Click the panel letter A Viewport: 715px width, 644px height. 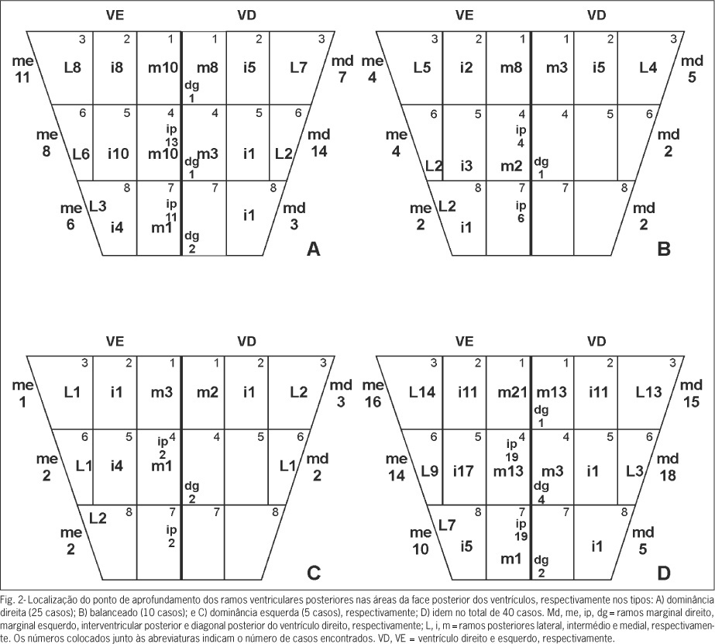(314, 249)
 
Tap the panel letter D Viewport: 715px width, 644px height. (664, 573)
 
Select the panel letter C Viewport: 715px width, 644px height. (315, 573)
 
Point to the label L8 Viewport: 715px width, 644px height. (73, 68)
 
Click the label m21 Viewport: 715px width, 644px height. (512, 392)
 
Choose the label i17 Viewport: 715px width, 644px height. (463, 470)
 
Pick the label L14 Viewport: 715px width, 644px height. (421, 392)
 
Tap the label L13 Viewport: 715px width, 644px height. (648, 392)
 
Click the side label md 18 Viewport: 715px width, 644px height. (668, 467)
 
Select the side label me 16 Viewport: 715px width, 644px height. (373, 394)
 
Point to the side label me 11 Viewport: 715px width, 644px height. (22, 69)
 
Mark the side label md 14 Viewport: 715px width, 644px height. (318, 143)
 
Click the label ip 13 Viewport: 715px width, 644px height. (172, 136)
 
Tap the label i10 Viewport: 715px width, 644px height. (118, 153)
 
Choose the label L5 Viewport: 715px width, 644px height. (421, 68)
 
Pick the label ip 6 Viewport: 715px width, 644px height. (521, 212)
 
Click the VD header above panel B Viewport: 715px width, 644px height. (596, 15)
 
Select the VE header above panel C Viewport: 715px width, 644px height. (115, 341)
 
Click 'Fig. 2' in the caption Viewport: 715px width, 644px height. (9, 599)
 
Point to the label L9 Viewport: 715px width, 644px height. (429, 470)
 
